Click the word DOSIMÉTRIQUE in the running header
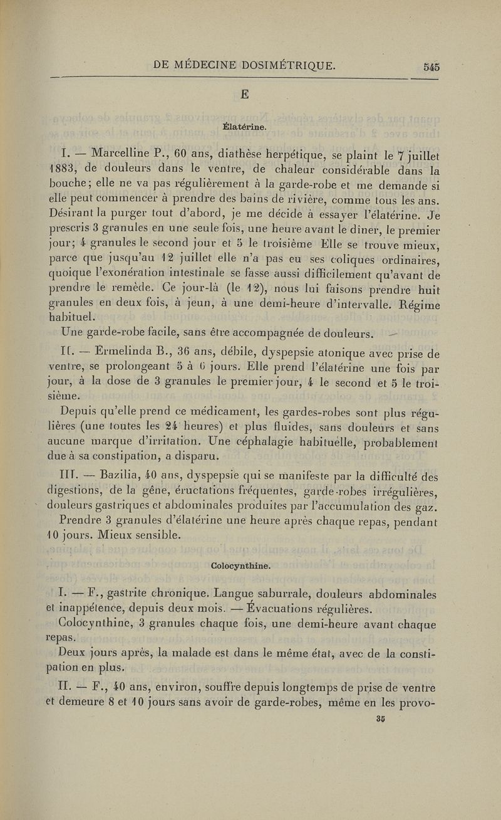(269, 63)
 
